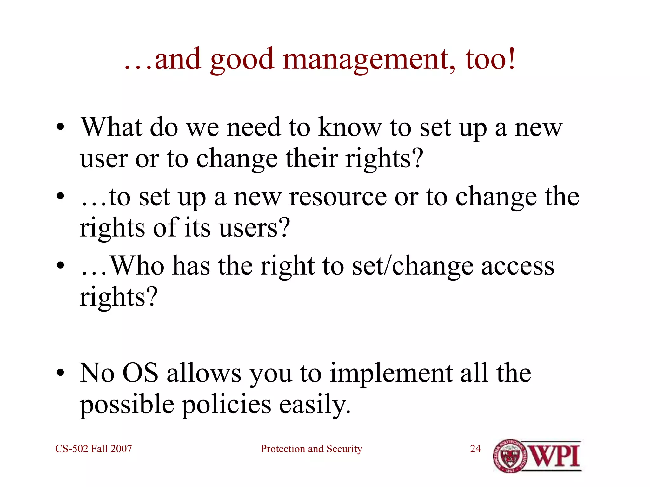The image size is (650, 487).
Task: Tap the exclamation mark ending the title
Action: tap(511, 59)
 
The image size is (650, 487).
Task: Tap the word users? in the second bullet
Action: tap(254, 228)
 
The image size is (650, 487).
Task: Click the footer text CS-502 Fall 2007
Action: tap(94, 449)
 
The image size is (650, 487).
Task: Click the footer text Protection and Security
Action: tap(311, 449)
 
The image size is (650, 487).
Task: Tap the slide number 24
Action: tap(475, 449)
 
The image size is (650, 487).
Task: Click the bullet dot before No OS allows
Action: tap(60, 373)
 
